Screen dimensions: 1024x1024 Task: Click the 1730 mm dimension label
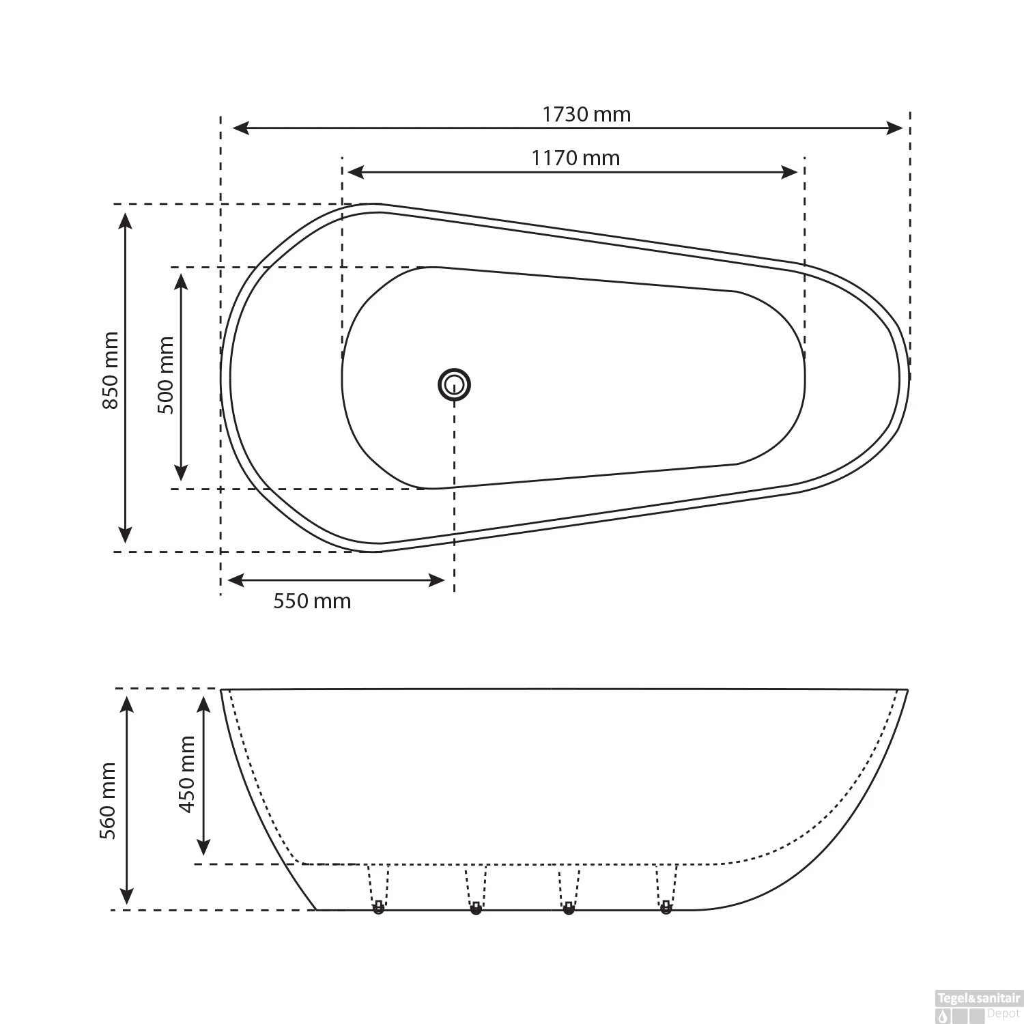point(586,114)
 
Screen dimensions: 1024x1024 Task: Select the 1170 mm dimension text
point(575,158)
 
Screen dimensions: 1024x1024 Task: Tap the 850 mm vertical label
point(110,371)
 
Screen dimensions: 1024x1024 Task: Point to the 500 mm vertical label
point(165,375)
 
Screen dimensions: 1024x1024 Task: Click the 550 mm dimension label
point(312,601)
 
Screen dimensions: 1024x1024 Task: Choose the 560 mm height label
point(108,801)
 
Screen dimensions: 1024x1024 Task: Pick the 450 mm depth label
point(186,774)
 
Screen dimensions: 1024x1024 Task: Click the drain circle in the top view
point(454,384)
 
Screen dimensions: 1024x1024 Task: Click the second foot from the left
point(476,908)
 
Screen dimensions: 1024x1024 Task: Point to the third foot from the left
point(569,908)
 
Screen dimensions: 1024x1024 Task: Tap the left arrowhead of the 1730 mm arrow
point(241,128)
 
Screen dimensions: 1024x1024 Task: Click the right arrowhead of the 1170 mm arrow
point(790,172)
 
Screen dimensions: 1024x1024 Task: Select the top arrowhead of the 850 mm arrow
point(125,221)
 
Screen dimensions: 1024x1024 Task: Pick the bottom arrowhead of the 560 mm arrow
point(127,896)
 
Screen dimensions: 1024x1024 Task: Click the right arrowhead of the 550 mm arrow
point(436,580)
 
